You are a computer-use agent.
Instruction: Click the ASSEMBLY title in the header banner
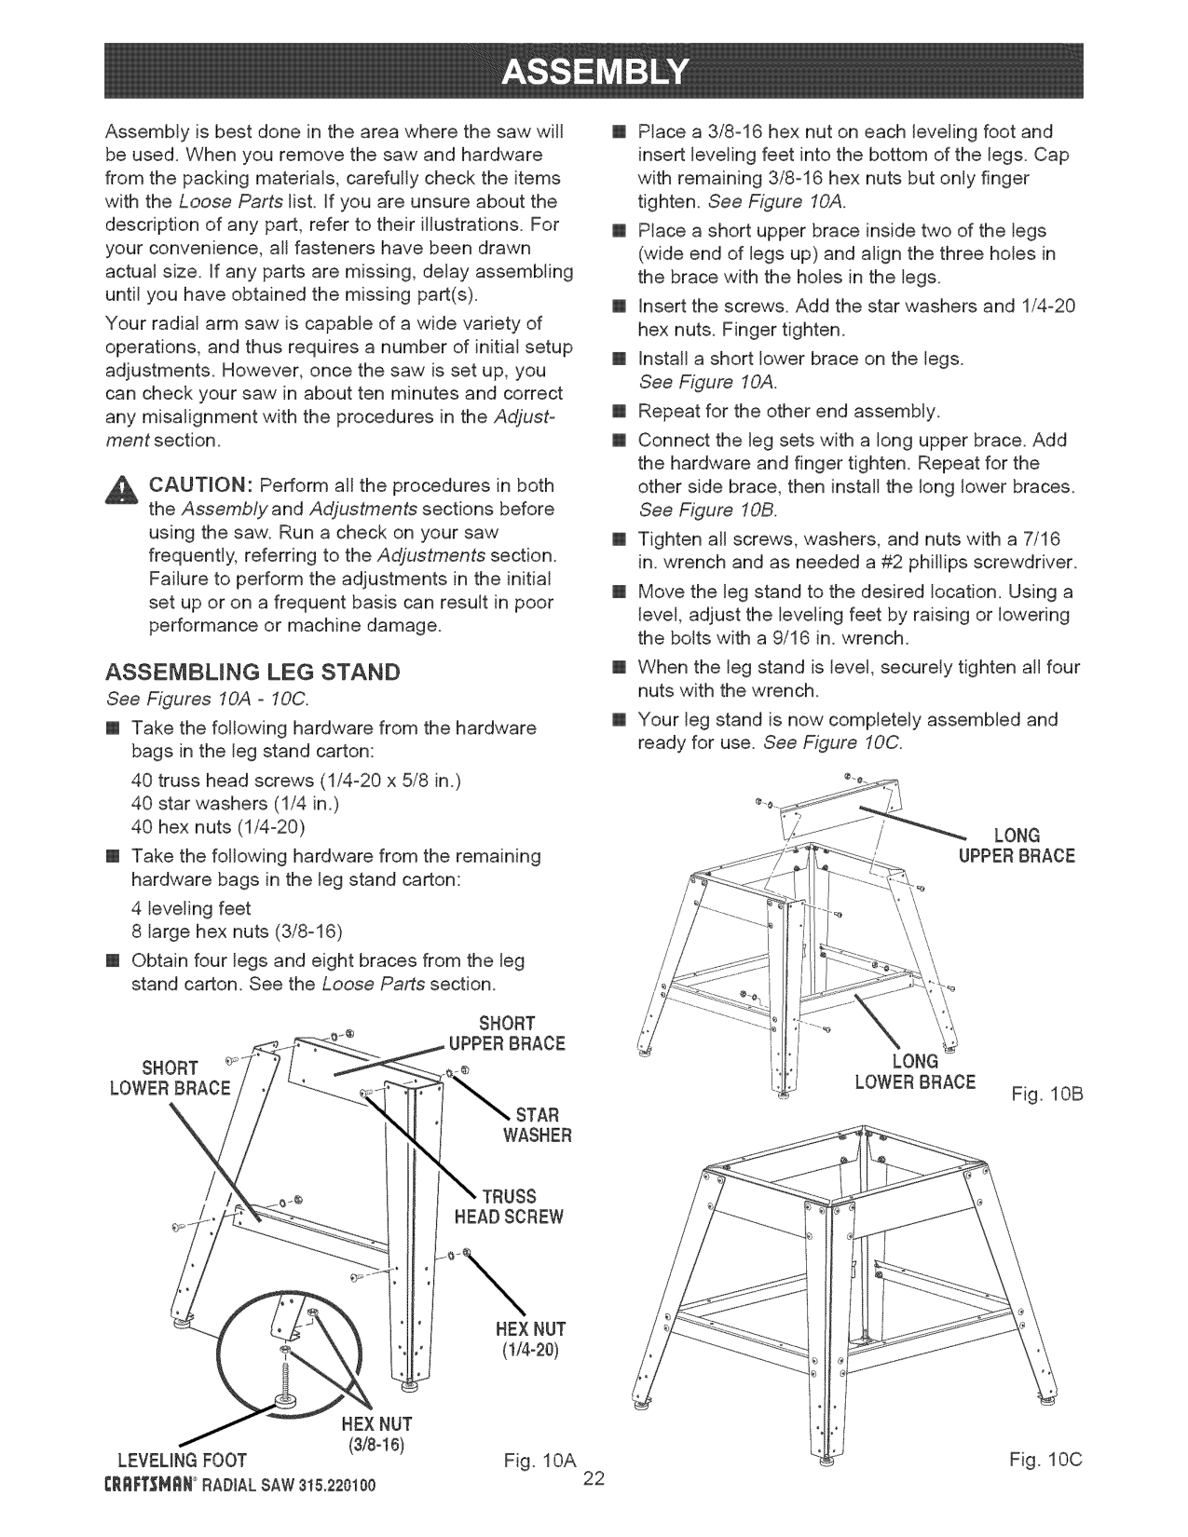point(593,70)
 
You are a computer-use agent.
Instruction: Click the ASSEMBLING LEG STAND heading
point(253,672)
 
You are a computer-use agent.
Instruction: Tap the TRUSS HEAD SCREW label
point(509,1206)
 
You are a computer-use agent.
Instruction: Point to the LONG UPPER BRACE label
point(1016,845)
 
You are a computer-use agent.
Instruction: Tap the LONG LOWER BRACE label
point(915,1072)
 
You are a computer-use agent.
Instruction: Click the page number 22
point(594,1480)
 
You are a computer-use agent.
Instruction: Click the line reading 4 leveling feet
point(192,907)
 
